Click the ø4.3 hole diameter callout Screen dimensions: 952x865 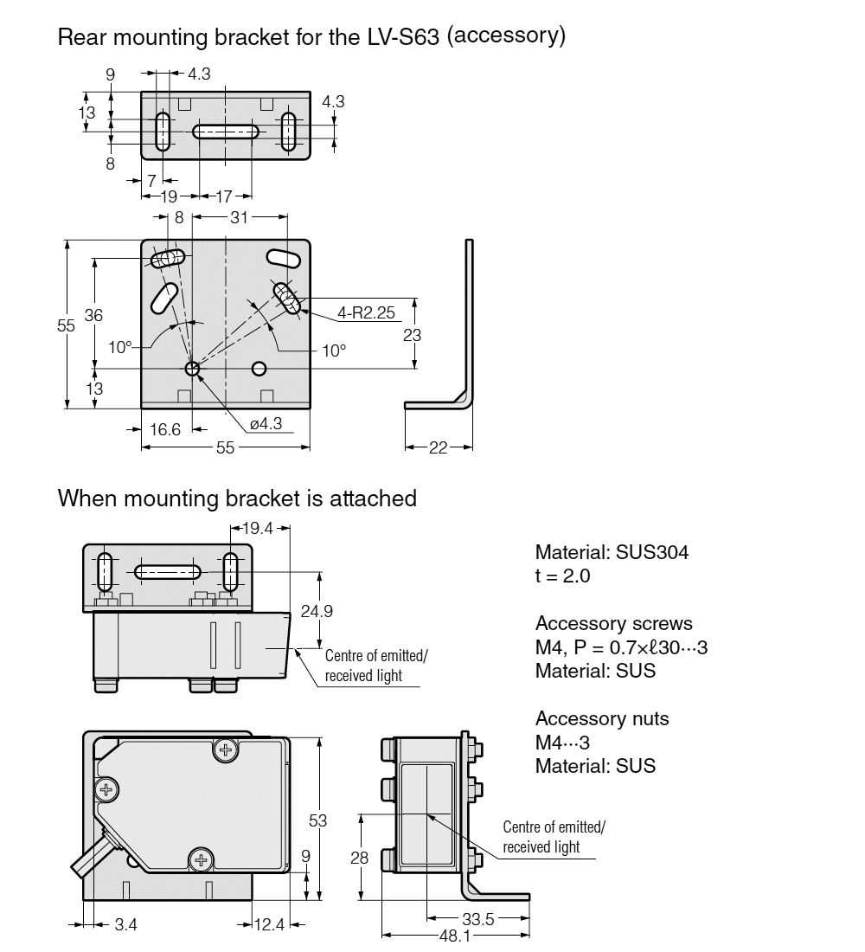(x=266, y=424)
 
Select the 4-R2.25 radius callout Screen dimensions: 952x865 (x=349, y=312)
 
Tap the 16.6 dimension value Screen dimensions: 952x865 (x=164, y=429)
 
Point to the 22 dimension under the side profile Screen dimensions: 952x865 (x=439, y=447)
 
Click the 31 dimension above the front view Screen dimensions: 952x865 (x=239, y=218)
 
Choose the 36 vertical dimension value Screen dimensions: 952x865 (x=93, y=316)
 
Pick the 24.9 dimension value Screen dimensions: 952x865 (x=317, y=611)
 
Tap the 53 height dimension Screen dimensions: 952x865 (x=318, y=820)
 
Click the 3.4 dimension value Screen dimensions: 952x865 (x=126, y=925)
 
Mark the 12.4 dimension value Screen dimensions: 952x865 (x=270, y=925)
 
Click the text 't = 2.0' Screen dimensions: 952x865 (x=562, y=576)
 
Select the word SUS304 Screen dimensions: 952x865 (x=649, y=552)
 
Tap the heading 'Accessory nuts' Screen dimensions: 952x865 (x=601, y=718)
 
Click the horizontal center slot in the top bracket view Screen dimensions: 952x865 (x=226, y=132)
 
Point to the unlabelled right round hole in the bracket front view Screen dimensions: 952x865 (x=259, y=369)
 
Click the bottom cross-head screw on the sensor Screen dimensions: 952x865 (x=201, y=859)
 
